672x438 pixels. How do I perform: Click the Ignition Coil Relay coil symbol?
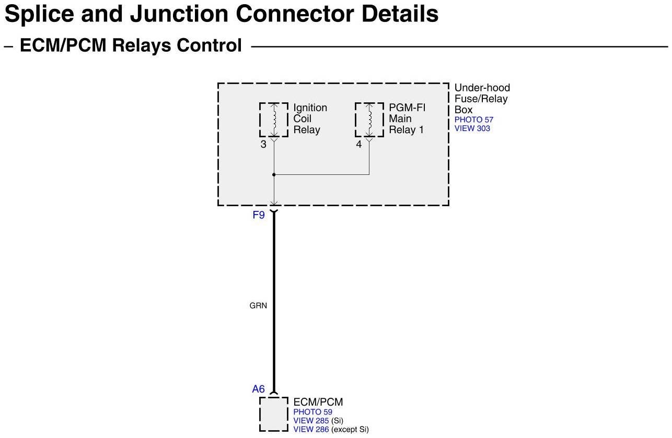click(273, 120)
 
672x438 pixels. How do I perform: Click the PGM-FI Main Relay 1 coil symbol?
click(369, 120)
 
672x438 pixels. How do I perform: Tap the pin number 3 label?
click(263, 145)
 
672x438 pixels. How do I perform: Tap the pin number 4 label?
click(359, 145)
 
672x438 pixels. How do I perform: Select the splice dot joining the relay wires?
click(273, 175)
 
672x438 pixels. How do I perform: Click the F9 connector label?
click(259, 215)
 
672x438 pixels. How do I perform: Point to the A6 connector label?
click(259, 389)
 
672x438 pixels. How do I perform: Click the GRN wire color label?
click(258, 305)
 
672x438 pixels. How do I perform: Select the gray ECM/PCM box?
click(273, 414)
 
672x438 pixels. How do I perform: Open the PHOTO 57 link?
click(473, 120)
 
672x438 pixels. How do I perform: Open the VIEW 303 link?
click(472, 128)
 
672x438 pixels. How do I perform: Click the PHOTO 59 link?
click(312, 412)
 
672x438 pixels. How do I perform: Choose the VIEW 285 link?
click(311, 421)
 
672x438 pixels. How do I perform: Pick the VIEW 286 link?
click(311, 430)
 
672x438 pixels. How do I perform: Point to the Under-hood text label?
click(482, 88)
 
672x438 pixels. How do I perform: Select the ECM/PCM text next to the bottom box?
click(318, 402)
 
